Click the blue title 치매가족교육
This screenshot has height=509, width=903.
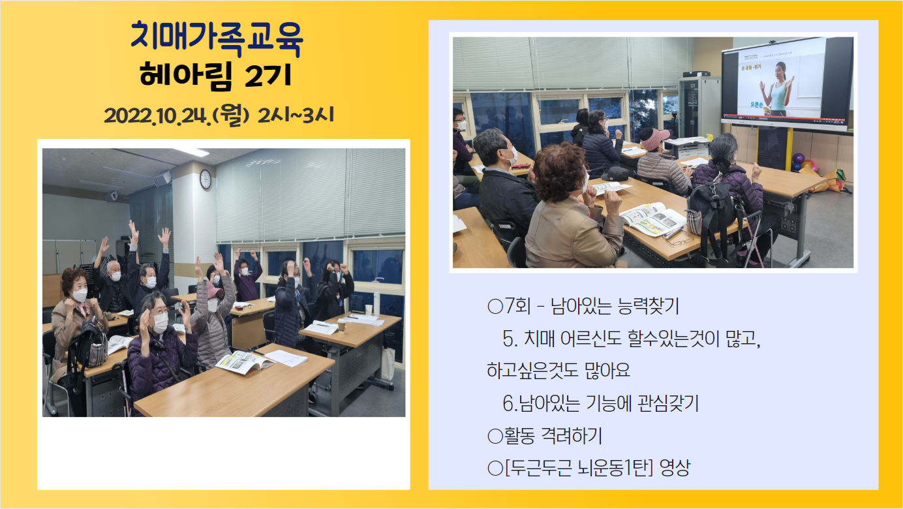click(217, 40)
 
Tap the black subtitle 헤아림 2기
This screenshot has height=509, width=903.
click(216, 75)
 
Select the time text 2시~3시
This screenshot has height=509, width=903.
click(296, 115)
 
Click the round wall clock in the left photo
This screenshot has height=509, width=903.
click(205, 179)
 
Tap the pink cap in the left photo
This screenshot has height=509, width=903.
click(215, 290)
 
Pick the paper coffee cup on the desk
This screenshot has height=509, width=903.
click(341, 325)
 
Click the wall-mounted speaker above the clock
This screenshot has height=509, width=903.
click(162, 178)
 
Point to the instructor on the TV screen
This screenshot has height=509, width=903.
click(778, 89)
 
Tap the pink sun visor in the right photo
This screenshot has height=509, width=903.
click(654, 139)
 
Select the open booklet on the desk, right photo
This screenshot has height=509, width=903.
click(654, 219)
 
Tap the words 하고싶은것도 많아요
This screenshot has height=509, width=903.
click(558, 370)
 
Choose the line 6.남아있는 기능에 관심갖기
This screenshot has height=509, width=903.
click(600, 403)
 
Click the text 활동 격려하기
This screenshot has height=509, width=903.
click(553, 436)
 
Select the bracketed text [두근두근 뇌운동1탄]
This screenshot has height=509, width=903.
click(579, 468)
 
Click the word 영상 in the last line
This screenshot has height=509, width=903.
click(675, 468)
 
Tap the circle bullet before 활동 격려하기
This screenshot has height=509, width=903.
click(495, 437)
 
